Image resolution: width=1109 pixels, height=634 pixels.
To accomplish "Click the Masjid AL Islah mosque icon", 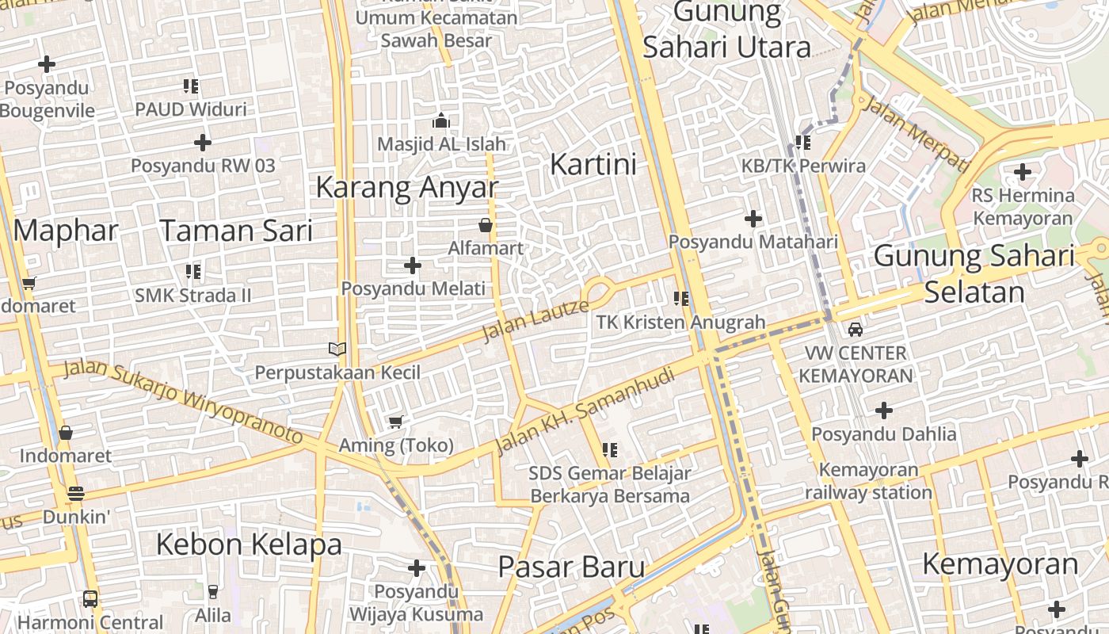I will coord(440,120).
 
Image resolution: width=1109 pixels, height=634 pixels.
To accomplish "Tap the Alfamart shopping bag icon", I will coord(486,226).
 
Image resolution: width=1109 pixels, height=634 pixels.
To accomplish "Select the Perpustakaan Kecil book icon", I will coord(337,349).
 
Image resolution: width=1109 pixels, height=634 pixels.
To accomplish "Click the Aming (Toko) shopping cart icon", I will coord(395,422).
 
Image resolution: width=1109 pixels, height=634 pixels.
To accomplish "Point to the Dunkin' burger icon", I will coord(76,494).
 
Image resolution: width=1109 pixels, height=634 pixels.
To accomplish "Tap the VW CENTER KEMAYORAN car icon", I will coord(856,329).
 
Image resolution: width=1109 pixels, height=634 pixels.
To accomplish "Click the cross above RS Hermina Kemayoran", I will coord(1023,171).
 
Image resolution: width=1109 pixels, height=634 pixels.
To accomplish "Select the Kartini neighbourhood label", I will coord(593,165).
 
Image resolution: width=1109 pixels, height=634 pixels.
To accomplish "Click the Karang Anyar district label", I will coord(407,188).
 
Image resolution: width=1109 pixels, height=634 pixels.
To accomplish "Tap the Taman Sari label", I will coord(236,231).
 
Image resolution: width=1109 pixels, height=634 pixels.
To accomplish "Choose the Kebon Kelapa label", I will coord(249,544).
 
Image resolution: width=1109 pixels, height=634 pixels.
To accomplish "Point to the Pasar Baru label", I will coord(571,567).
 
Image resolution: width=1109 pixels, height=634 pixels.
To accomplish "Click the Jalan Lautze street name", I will coord(535,319).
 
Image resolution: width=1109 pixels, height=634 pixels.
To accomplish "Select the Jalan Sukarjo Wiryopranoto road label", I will coord(183,401).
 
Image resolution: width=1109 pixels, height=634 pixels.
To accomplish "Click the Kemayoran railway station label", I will coord(868,481).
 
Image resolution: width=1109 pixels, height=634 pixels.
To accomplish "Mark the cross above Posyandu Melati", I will coord(413,265).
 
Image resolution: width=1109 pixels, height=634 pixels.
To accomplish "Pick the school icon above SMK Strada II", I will coord(192,272).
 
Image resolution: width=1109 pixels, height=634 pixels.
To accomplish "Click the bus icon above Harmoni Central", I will coord(90,598).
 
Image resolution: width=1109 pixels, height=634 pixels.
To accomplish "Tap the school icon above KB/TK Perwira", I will coord(803,143).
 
